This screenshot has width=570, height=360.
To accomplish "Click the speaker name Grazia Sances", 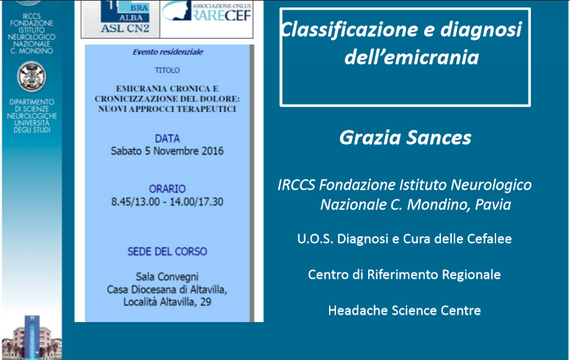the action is click(405, 138).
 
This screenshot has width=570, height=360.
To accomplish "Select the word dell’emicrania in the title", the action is click(411, 57).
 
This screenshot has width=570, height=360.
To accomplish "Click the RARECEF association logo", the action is click(206, 12).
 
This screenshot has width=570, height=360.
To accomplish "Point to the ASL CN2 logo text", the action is click(125, 28).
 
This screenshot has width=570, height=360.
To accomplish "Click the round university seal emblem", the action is click(31, 76).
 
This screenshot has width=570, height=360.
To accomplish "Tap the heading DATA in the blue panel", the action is click(167, 139).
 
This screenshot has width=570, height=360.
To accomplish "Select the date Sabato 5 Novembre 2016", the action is click(167, 151).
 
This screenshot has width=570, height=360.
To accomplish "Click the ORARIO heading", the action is click(167, 189).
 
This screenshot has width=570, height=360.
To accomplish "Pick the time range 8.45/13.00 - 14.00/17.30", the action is click(167, 201).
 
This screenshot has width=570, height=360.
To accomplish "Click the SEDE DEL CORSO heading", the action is click(167, 251).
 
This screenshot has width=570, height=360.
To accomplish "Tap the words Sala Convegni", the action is click(167, 276).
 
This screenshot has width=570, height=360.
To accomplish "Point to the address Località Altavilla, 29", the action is click(167, 301).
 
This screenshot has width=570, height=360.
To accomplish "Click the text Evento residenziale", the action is click(168, 52).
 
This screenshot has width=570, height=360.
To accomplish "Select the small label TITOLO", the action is click(167, 70).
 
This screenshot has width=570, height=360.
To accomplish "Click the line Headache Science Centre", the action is click(404, 310).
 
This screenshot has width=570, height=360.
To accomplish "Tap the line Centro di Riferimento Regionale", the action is click(404, 274).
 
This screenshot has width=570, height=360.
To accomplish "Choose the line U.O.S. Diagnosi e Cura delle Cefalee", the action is click(404, 239).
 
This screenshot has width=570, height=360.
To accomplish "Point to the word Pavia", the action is click(493, 204).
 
